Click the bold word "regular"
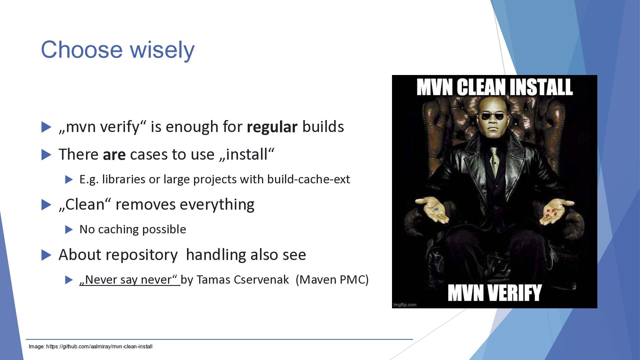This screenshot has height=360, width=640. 272,127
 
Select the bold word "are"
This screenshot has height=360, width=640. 114,155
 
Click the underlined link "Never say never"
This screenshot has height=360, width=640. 130,280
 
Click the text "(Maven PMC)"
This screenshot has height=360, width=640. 332,280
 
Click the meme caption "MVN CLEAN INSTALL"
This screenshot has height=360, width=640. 495,87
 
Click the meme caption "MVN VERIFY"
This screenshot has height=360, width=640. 495,293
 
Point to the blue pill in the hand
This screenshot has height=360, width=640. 436,209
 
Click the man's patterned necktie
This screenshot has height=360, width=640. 494,160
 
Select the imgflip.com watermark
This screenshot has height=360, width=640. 405,305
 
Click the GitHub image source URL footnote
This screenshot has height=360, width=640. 91,347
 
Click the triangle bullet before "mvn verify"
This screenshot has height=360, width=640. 46,127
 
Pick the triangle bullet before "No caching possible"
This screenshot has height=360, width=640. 69,229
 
